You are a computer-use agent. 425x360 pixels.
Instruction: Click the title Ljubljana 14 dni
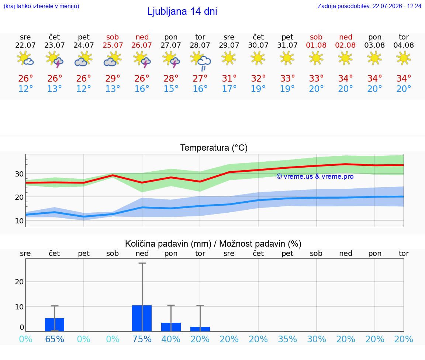pyautogui.click(x=182, y=11)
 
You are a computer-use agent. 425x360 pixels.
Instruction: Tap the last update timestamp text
pyautogui.click(x=369, y=6)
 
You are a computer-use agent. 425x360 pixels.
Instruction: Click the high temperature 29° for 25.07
pyautogui.click(x=113, y=78)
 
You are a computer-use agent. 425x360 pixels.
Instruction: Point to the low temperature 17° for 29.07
pyautogui.click(x=229, y=89)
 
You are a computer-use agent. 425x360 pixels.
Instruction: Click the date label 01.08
pyautogui.click(x=316, y=45)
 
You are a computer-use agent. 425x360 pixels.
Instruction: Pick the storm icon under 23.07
pyautogui.click(x=55, y=59)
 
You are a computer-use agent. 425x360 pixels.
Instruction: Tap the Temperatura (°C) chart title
pyautogui.click(x=214, y=148)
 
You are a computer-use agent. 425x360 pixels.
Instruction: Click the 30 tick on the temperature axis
pyautogui.click(x=19, y=174)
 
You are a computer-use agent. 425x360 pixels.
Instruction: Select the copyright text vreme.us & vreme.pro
pyautogui.click(x=315, y=176)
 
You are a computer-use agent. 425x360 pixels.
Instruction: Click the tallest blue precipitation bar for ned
pyautogui.click(x=142, y=318)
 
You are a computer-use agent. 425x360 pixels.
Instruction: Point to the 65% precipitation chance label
pyautogui.click(x=55, y=339)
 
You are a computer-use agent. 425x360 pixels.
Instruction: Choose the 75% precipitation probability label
pyautogui.click(x=142, y=339)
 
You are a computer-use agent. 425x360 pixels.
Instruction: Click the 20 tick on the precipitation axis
pyautogui.click(x=19, y=282)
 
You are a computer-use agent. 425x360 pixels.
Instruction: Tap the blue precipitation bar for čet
pyautogui.click(x=55, y=325)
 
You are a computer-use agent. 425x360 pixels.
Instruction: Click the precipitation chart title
pyautogui.click(x=213, y=244)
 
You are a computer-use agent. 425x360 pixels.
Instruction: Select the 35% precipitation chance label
pyautogui.click(x=288, y=339)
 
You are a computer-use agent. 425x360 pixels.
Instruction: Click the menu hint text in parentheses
pyautogui.click(x=41, y=6)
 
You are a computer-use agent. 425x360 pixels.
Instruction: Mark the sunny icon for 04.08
pyautogui.click(x=404, y=58)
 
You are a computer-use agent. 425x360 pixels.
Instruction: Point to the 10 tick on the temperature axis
pyautogui.click(x=19, y=221)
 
